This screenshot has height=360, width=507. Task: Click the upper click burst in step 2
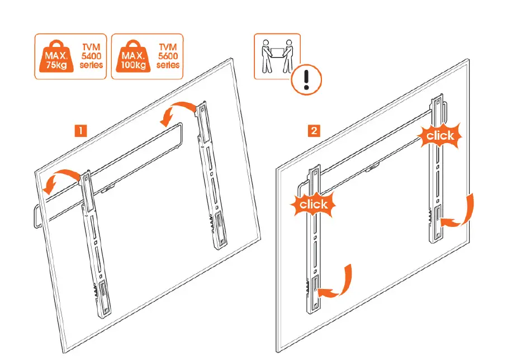[440, 135]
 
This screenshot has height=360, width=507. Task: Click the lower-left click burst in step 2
[313, 204]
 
